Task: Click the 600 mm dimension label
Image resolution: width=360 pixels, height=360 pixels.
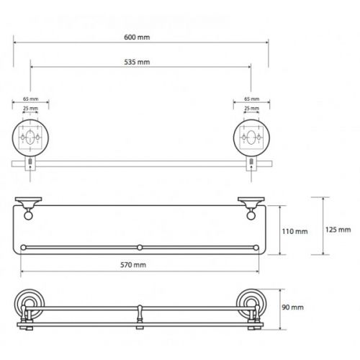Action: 137,37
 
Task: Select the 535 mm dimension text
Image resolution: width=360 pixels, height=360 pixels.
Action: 137,62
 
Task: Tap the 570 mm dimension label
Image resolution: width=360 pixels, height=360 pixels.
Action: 133,265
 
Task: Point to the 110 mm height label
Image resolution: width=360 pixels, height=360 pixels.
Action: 294,231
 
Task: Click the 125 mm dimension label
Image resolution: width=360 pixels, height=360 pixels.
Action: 338,230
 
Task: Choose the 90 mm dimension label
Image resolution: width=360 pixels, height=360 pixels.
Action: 292,307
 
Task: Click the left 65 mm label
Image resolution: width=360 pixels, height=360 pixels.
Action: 31,99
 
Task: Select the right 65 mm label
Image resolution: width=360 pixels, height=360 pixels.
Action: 252,99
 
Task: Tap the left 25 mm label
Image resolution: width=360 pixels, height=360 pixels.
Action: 30,109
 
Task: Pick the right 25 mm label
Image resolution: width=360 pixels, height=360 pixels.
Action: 252,109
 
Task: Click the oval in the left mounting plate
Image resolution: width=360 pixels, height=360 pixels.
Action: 30,138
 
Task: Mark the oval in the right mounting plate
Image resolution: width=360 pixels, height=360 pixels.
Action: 251,138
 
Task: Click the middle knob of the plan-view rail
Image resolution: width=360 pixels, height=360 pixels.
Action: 140,248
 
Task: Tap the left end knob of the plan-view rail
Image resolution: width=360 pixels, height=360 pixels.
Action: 24,248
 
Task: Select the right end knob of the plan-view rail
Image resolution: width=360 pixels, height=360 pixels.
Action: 256,248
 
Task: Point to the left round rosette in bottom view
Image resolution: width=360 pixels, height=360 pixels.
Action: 30,304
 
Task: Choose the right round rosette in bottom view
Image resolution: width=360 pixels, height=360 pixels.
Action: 251,304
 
